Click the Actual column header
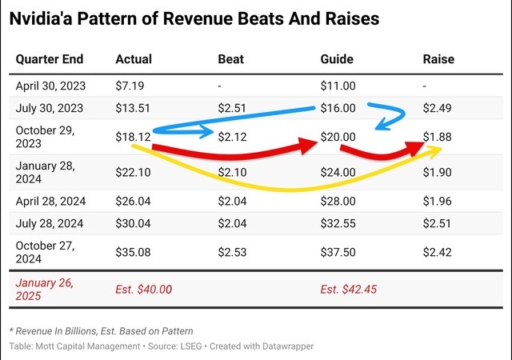coord(134,59)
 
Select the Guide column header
coord(337,59)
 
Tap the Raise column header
coord(438,59)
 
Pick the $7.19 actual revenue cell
coord(130,85)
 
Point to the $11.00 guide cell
coord(338,85)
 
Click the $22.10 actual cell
coord(134,173)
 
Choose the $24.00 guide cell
coord(338,173)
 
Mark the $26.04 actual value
coord(134,203)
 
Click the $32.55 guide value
coord(338,227)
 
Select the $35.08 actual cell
coord(134,253)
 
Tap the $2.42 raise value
coord(437,253)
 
